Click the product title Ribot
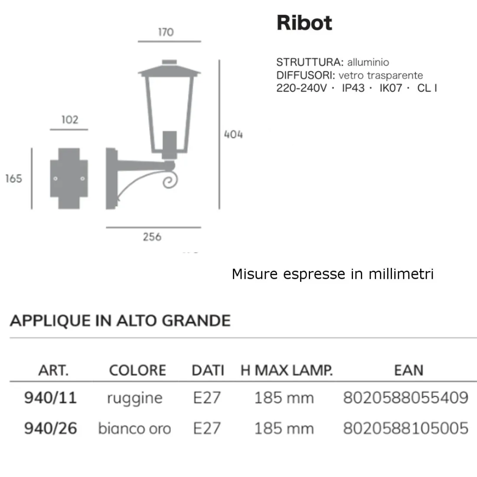[304, 23]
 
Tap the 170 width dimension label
[166, 32]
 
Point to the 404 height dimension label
[233, 134]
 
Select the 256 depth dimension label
[152, 237]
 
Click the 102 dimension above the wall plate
[69, 120]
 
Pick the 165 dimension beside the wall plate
[14, 179]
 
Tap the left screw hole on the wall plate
[55, 179]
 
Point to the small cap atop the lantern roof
[169, 62]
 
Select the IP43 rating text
[353, 88]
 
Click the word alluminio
[368, 62]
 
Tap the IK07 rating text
[391, 88]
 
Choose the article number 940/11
[50, 398]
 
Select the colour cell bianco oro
[134, 428]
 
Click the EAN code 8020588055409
[405, 398]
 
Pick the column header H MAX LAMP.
[287, 370]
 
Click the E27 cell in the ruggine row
[207, 398]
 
